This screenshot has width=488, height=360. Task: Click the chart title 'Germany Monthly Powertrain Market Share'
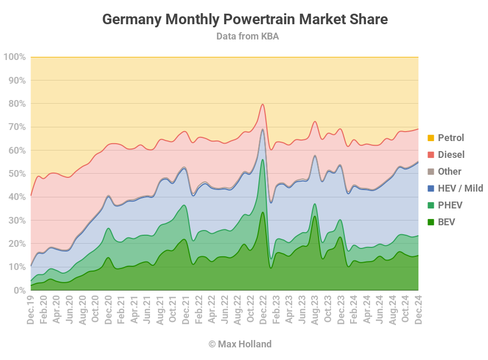tap(244, 19)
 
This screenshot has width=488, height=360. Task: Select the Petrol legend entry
tap(451, 138)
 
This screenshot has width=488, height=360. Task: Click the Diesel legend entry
tap(451, 155)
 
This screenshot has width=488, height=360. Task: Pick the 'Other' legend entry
tap(449, 172)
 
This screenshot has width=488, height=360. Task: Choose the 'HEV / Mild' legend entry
tap(460, 188)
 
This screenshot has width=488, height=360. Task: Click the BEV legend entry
tap(446, 222)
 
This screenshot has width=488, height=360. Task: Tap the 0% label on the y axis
tap(18, 291)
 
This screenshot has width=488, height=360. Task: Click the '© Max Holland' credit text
tap(240, 344)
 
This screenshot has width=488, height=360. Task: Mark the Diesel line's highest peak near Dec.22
tap(263, 104)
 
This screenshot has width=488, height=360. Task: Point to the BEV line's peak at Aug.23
tap(314, 216)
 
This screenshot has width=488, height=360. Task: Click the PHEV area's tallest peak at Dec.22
tap(262, 159)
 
